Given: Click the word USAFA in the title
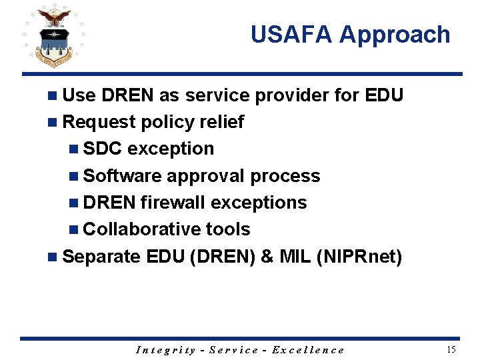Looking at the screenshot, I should click(x=291, y=35).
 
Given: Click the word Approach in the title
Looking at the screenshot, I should click(x=395, y=35).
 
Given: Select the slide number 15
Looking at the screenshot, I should click(x=451, y=349).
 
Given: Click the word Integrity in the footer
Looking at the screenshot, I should click(x=166, y=350).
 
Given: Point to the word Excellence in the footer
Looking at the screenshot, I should click(x=308, y=350).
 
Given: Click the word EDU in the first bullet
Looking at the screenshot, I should click(x=384, y=95).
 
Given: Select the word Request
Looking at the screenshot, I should click(x=98, y=122).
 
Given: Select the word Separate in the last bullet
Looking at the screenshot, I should click(x=101, y=256).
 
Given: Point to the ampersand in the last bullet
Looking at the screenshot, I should click(x=267, y=256).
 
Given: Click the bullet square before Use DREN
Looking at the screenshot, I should click(x=53, y=96).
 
